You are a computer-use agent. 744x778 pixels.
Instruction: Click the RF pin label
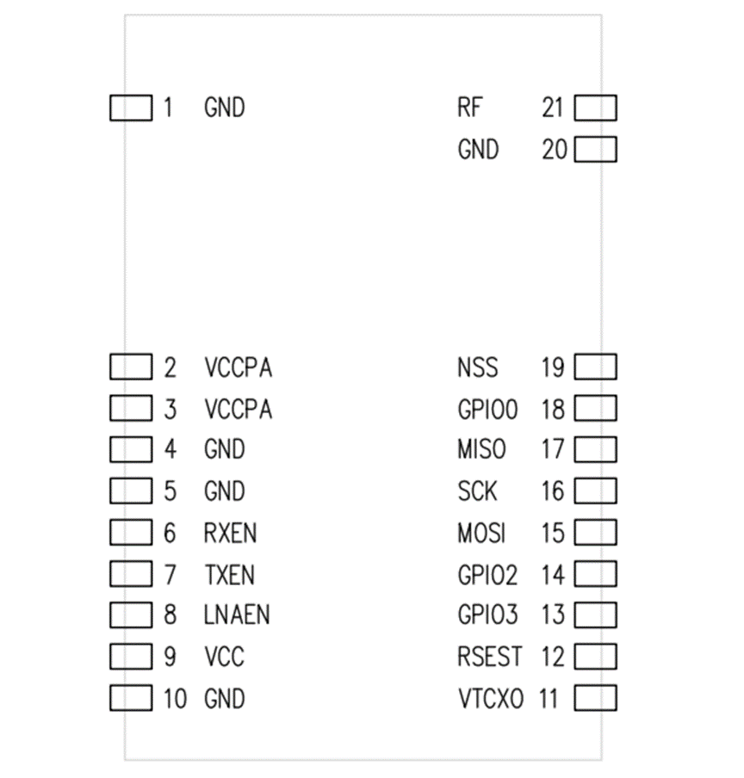(470, 108)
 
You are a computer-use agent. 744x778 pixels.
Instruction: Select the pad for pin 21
(595, 108)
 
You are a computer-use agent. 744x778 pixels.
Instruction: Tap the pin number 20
(555, 150)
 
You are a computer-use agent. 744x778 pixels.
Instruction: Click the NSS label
(477, 367)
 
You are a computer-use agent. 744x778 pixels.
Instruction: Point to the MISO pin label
(481, 449)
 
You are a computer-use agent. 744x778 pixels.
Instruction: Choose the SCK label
(477, 491)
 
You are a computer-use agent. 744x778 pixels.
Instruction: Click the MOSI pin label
(481, 533)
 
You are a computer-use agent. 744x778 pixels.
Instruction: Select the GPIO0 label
(487, 410)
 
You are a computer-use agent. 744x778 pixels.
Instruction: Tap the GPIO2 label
(487, 574)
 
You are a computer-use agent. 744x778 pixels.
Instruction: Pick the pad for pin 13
(595, 614)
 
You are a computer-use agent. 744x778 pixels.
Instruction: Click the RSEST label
(489, 657)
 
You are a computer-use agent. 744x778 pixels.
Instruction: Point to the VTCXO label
(490, 698)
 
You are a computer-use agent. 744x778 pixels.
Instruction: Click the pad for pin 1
(131, 108)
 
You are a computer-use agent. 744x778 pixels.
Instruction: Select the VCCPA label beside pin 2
(239, 367)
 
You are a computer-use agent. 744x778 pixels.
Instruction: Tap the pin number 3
(170, 410)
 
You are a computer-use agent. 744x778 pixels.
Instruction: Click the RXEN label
(230, 533)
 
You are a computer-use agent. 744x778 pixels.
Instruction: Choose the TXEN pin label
(229, 574)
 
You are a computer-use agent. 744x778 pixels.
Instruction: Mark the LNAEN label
(237, 614)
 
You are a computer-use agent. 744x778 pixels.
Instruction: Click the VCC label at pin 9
(224, 657)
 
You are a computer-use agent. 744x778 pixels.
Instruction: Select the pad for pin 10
(131, 698)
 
